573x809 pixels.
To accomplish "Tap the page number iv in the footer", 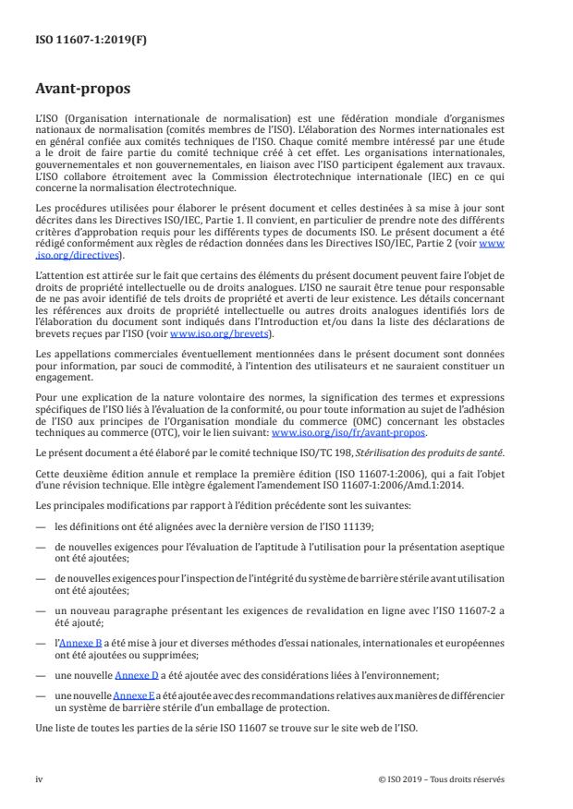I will tap(39, 779).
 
